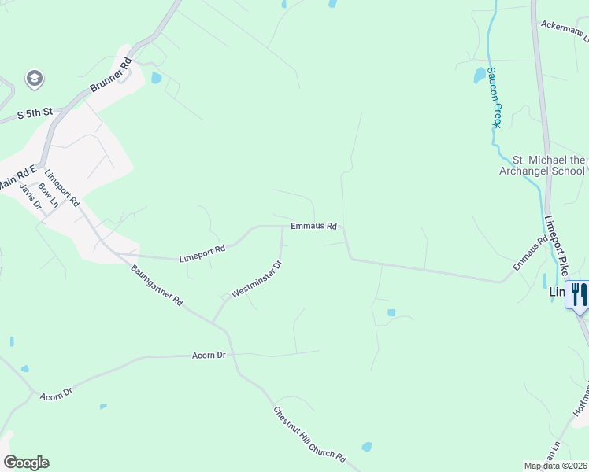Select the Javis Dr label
[x=29, y=192]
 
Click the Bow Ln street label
[x=49, y=194]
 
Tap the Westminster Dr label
[x=257, y=279]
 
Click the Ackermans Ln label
[x=564, y=30]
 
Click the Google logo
[x=26, y=463]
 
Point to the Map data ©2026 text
[x=555, y=466]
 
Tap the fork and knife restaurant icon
[x=579, y=295]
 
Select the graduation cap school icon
[x=34, y=79]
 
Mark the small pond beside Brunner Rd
[x=156, y=78]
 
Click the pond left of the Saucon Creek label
[x=479, y=76]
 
